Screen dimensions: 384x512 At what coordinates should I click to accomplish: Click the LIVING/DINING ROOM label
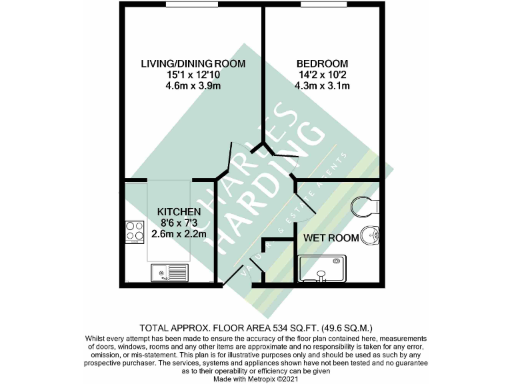click(193, 64)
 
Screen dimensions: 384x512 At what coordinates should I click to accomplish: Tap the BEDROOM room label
click(323, 64)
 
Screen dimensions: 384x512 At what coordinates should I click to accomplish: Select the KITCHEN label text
click(179, 211)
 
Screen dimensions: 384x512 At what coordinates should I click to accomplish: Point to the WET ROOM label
click(329, 237)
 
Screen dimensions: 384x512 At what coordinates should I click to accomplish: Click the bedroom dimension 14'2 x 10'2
click(323, 75)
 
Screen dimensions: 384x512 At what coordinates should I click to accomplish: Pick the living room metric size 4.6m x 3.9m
click(193, 85)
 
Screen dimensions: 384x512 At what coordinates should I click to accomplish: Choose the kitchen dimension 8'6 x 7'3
click(179, 223)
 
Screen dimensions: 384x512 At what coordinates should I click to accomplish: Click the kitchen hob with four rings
click(134, 231)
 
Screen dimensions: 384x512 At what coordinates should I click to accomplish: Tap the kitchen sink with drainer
click(169, 272)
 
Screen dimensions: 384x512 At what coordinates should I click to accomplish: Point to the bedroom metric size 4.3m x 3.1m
click(323, 85)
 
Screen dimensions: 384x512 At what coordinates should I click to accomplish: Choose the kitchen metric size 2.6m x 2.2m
click(179, 233)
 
